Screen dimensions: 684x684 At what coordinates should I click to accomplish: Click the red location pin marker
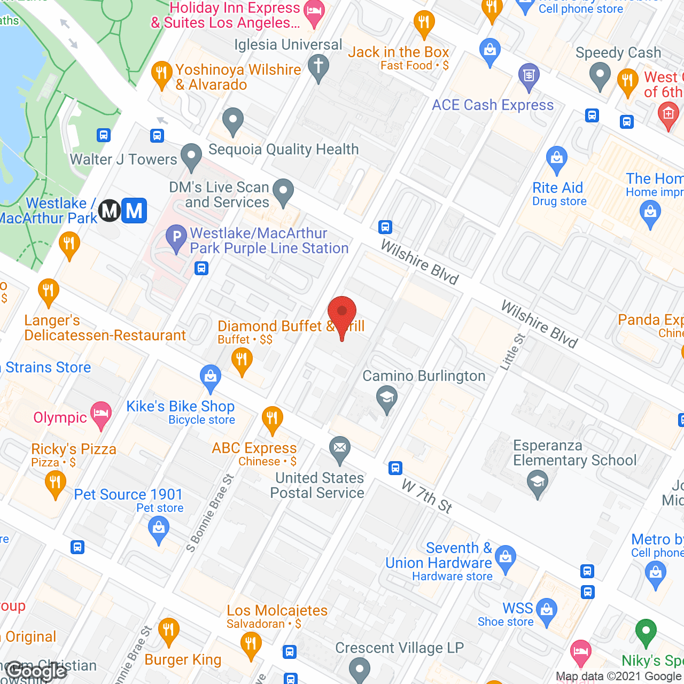click(342, 315)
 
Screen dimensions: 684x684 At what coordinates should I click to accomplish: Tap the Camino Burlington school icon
click(387, 399)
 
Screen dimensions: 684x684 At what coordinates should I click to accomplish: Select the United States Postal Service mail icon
click(339, 448)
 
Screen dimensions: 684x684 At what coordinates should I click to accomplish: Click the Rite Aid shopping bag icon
click(557, 159)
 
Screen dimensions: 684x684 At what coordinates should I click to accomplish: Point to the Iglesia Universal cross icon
click(318, 67)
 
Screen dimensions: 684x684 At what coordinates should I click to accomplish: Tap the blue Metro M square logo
click(134, 211)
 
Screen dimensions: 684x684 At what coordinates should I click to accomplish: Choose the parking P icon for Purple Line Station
click(176, 238)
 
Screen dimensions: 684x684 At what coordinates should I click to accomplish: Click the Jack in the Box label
click(398, 52)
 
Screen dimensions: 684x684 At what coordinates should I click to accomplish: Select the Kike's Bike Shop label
click(180, 407)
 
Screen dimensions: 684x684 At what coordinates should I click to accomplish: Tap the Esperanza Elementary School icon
click(538, 483)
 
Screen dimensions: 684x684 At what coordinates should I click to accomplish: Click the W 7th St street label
click(427, 496)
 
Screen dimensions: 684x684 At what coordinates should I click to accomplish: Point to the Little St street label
click(512, 352)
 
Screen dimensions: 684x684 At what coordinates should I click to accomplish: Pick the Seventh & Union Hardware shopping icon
click(506, 557)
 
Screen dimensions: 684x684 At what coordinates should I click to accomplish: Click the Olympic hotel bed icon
click(100, 414)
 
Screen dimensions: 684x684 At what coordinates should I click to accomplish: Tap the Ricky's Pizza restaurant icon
click(55, 483)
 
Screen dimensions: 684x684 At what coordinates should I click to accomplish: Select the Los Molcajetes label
click(277, 610)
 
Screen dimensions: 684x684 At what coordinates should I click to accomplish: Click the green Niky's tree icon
click(646, 632)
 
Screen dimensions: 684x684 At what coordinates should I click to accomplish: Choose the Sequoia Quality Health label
click(283, 150)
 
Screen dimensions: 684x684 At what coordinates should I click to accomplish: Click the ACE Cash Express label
click(493, 105)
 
